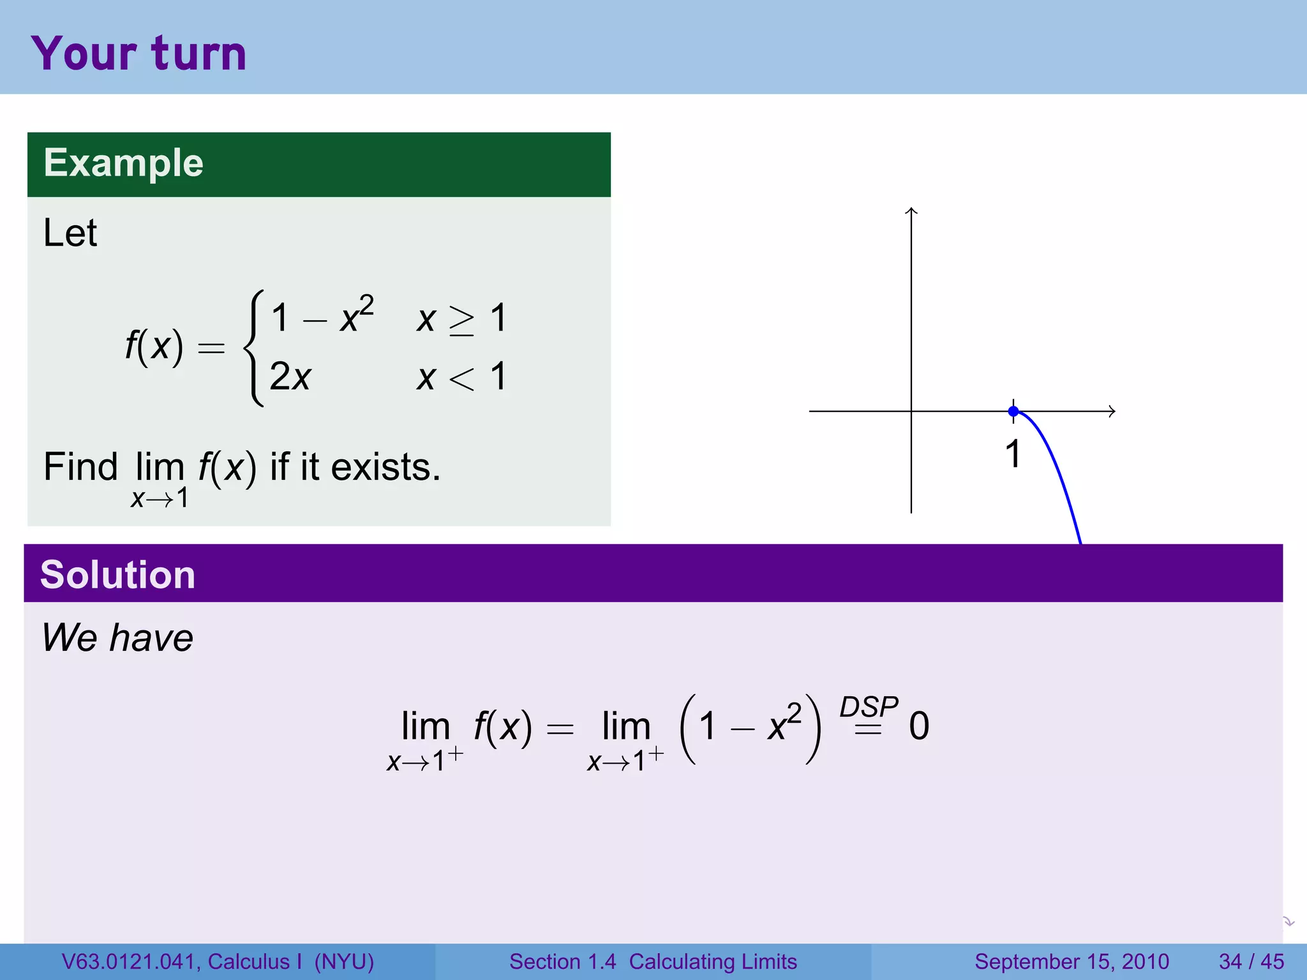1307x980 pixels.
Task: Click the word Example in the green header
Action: coord(123,163)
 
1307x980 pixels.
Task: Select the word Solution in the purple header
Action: coord(117,574)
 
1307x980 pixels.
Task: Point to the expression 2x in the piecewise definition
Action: coord(290,376)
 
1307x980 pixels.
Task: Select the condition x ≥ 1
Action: coord(461,318)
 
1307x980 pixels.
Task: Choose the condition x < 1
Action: coord(461,376)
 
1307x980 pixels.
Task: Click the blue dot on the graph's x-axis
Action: coord(1013,412)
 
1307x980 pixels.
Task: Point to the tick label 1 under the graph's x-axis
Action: coord(1013,454)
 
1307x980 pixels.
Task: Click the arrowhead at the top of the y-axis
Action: coord(911,211)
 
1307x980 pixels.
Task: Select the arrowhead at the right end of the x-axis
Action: coord(1112,412)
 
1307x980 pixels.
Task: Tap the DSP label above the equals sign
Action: coord(869,707)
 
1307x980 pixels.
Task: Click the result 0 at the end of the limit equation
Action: coord(919,726)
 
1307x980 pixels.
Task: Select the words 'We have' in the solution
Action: coord(117,637)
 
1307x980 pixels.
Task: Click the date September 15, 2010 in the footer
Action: coord(1072,961)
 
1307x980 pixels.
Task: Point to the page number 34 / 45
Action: coord(1251,961)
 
